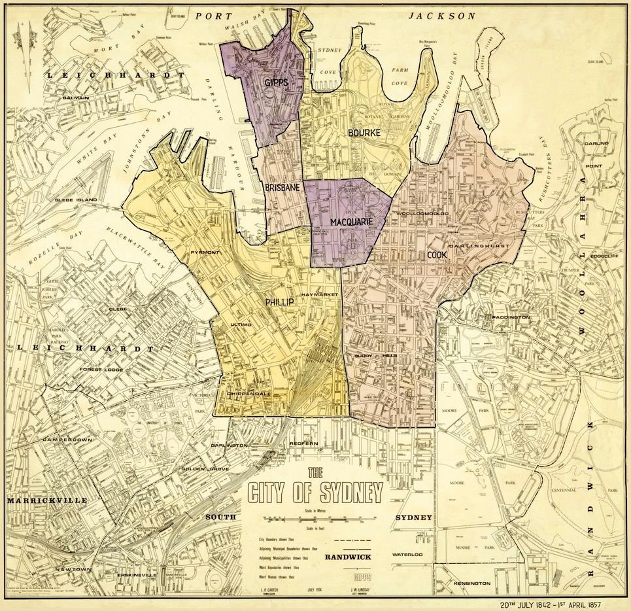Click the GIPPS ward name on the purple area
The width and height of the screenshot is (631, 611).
click(277, 82)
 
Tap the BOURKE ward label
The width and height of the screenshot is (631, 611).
click(364, 133)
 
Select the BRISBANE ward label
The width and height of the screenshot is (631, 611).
click(283, 188)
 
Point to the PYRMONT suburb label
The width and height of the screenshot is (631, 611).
click(205, 252)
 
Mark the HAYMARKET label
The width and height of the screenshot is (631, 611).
click(319, 296)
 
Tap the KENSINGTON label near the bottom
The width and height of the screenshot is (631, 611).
click(471, 583)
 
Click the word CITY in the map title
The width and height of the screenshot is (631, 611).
click(273, 492)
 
